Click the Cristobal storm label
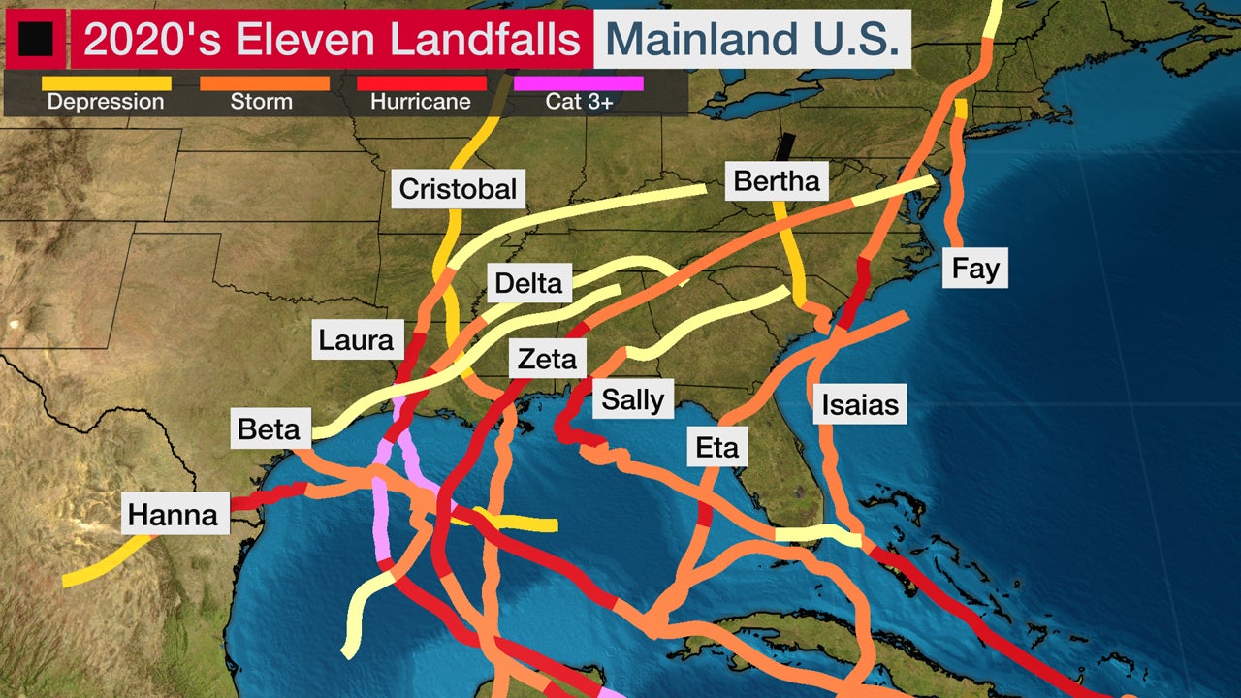[458, 188]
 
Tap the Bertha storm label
[776, 181]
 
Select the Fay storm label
[975, 268]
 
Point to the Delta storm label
[528, 283]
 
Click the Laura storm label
[356, 340]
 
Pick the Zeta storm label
[547, 360]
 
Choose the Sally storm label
[632, 399]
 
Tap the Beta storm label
[269, 428]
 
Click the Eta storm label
[716, 447]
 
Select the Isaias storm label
[860, 403]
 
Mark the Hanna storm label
[174, 514]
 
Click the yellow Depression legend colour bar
[106, 84]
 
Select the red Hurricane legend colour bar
[421, 84]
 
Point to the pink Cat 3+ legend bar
[579, 84]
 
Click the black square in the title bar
[36, 39]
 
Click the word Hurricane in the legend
[421, 102]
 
